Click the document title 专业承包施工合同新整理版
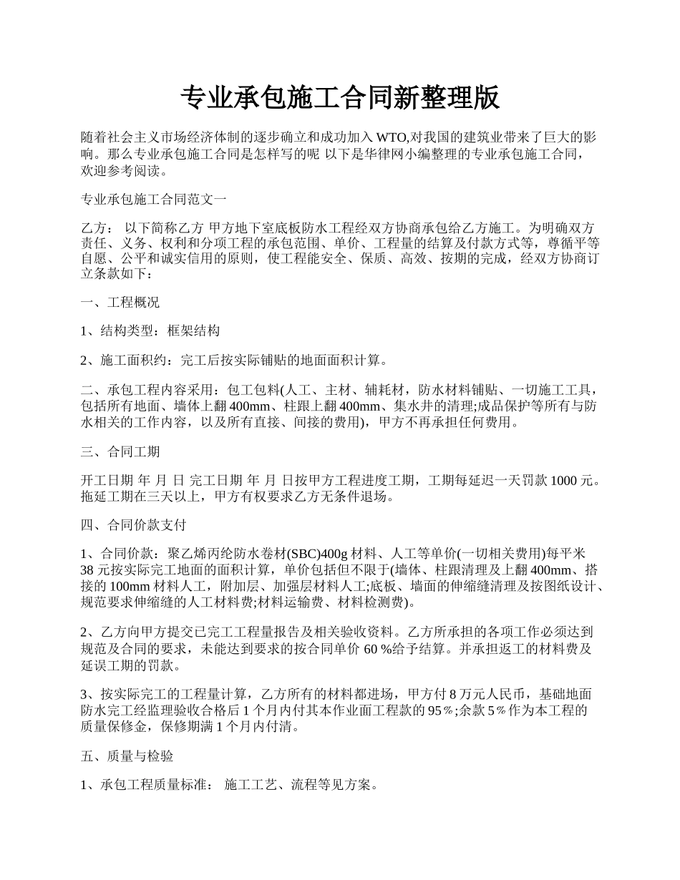(x=339, y=98)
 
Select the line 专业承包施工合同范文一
(x=154, y=199)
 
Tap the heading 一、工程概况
(x=120, y=302)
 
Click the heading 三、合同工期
(x=120, y=451)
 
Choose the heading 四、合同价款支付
(x=134, y=525)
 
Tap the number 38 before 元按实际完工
(x=88, y=570)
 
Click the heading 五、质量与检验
(x=127, y=756)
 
